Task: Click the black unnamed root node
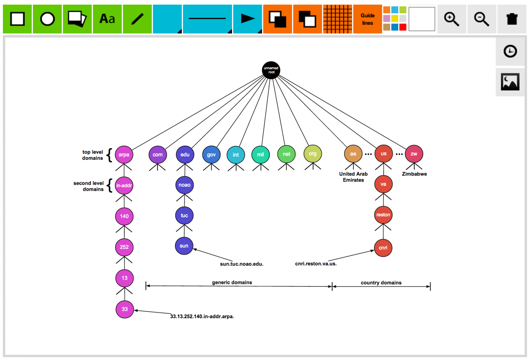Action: click(271, 70)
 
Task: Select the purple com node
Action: click(158, 155)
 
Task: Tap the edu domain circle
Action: click(185, 155)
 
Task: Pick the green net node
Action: click(286, 154)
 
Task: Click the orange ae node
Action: click(353, 154)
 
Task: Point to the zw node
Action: click(414, 154)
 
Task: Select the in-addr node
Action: click(124, 185)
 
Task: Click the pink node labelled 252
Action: click(124, 247)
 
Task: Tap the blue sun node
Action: click(184, 246)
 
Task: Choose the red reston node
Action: click(383, 215)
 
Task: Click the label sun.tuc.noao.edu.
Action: click(242, 264)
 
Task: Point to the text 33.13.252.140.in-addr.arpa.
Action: click(202, 317)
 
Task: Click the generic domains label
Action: click(232, 282)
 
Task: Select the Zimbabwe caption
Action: click(414, 174)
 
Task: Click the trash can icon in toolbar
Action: click(512, 19)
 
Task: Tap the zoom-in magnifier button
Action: click(452, 19)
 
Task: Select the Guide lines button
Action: click(367, 19)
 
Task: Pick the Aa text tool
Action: click(107, 19)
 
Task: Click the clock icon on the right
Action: click(510, 51)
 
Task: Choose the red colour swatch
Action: click(403, 27)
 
